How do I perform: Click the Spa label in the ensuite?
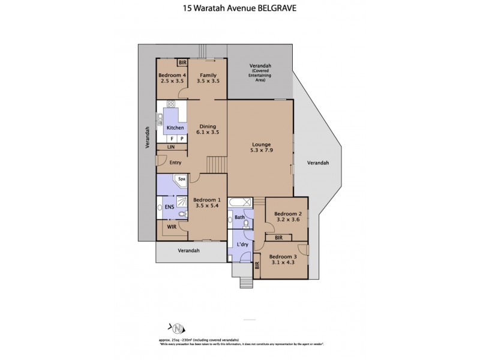pos(181,179)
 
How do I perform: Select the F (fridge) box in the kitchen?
pos(172,138)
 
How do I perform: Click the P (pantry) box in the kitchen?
pos(181,138)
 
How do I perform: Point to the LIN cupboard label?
pos(171,147)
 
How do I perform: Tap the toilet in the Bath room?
pos(245,224)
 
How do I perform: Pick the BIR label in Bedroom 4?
pos(182,62)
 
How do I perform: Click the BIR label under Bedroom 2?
pos(278,238)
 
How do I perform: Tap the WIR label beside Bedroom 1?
pos(172,227)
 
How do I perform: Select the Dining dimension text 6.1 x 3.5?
pos(207,133)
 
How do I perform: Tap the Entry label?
pos(175,162)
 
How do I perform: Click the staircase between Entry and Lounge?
pos(217,163)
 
